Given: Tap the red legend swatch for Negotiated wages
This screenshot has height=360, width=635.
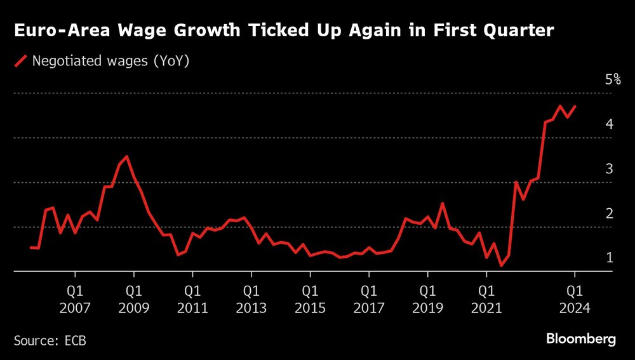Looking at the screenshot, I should click(21, 62).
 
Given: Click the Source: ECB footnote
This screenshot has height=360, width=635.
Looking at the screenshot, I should click(50, 340).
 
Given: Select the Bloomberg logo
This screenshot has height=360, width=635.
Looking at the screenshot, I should click(581, 339).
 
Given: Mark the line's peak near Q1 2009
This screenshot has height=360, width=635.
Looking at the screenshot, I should click(127, 156).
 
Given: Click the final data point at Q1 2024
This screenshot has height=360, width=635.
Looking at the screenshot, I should click(575, 107).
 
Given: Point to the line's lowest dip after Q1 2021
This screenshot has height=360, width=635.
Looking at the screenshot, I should click(501, 265).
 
